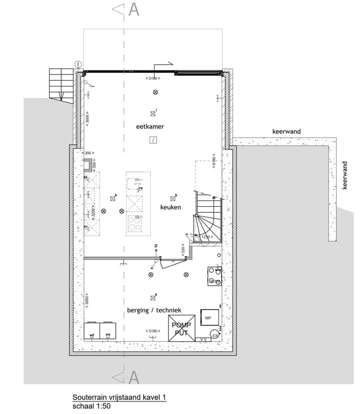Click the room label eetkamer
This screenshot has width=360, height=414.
[x=150, y=127]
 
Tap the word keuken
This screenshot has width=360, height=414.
[x=170, y=207]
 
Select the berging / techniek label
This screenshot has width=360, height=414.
[x=153, y=310]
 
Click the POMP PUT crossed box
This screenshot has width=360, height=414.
[x=182, y=328]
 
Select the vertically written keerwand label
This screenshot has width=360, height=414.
[x=344, y=175]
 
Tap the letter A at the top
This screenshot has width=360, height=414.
[x=133, y=9]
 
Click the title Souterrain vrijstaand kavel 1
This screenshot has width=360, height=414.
[x=119, y=398]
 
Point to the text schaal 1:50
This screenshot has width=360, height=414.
[x=91, y=406]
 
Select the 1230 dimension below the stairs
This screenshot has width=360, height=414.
[x=206, y=237]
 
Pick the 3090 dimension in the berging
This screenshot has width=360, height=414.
[x=86, y=299]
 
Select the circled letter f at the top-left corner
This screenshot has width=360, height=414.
[x=78, y=64]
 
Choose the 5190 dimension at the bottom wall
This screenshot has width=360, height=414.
[x=152, y=331]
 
